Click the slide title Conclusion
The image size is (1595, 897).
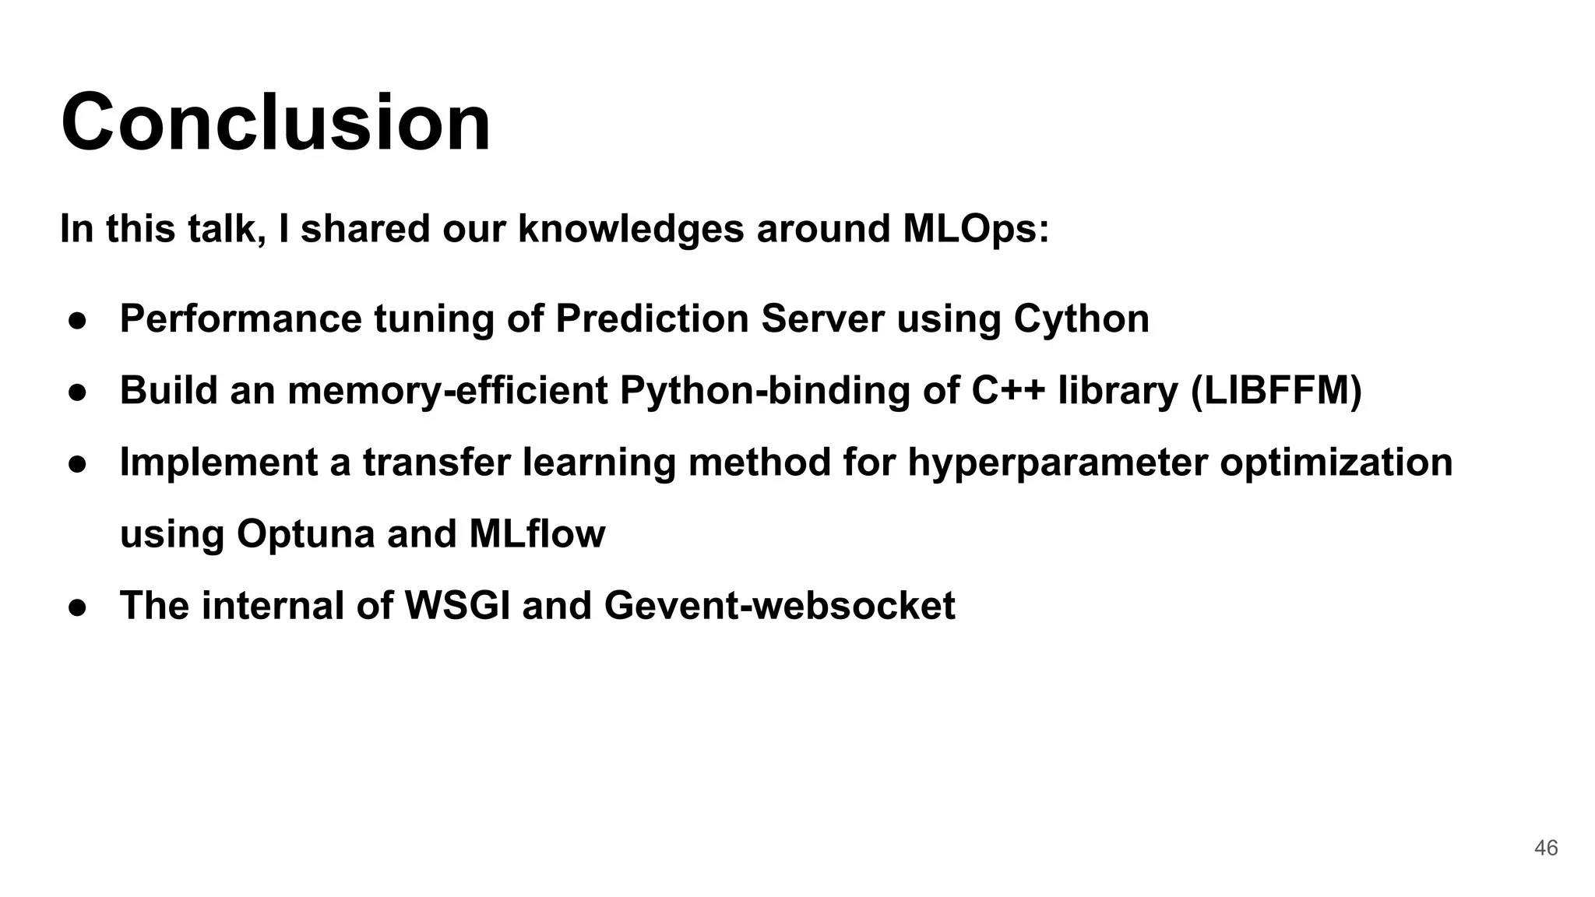276,123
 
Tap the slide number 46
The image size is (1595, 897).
1545,848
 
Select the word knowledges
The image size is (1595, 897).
631,229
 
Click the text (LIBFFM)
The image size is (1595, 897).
1276,390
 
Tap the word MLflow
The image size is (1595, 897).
537,534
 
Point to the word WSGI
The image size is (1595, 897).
458,606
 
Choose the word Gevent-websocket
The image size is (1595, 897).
779,606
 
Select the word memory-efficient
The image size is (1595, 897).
447,390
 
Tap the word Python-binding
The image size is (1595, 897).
765,390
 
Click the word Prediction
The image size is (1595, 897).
652,318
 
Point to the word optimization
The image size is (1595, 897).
1336,463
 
